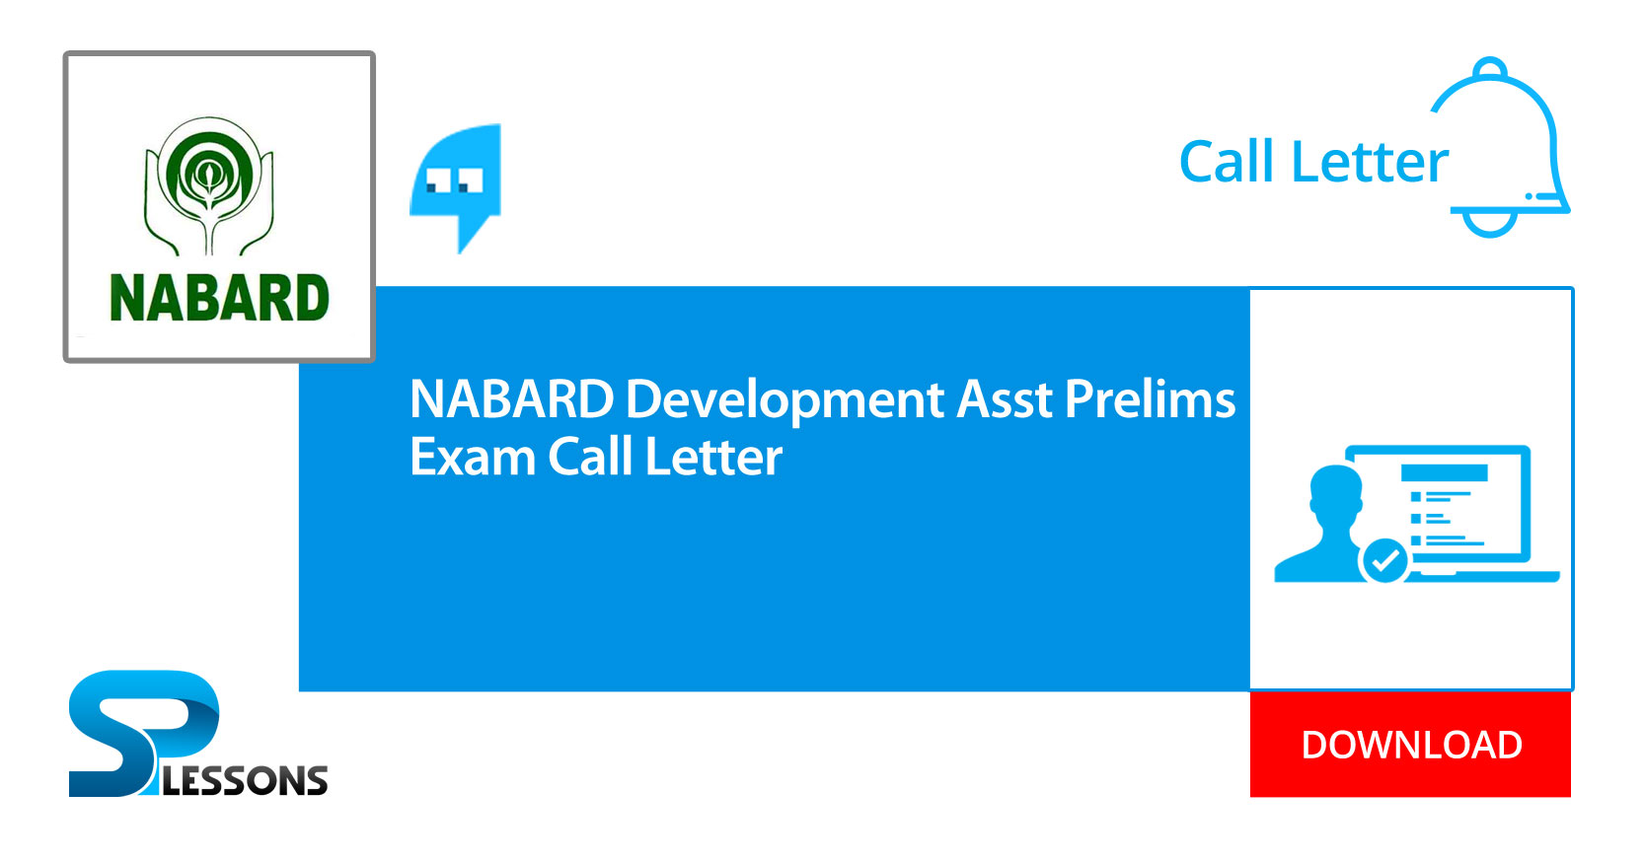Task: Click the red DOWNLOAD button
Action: [x=1410, y=745]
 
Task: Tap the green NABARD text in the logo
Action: [x=219, y=299]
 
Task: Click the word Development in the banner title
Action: [x=785, y=399]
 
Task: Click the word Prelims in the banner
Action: [x=1150, y=399]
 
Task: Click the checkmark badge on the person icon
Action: [x=1384, y=560]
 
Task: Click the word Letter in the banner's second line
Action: [x=713, y=458]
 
